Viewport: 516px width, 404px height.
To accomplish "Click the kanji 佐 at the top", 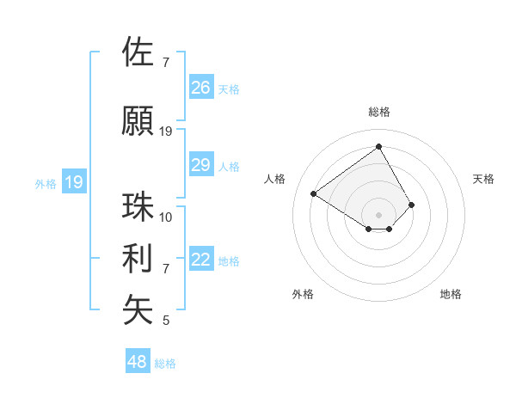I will tap(138, 52).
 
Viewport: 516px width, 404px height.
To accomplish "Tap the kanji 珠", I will tap(138, 206).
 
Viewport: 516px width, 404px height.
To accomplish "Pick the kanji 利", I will tap(138, 258).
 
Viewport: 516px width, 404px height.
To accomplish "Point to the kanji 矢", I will tap(138, 309).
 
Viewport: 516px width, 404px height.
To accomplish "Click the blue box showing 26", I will tap(200, 87).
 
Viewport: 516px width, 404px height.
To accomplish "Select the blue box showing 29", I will tap(200, 165).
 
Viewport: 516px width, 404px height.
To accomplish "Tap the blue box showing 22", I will tap(200, 260).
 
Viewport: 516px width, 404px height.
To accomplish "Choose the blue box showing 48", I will tap(138, 361).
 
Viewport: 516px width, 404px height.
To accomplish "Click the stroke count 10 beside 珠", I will tap(166, 217).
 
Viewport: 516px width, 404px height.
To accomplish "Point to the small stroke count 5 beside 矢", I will tap(166, 321).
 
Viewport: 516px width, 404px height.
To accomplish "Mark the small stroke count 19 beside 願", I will tap(166, 132).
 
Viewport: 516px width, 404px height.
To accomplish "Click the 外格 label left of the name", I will tap(46, 183).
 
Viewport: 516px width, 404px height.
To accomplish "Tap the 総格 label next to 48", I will tap(165, 364).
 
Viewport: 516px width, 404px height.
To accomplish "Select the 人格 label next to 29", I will tap(228, 167).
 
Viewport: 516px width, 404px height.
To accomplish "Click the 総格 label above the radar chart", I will tap(378, 112).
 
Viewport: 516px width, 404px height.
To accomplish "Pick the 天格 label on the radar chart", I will tap(483, 179).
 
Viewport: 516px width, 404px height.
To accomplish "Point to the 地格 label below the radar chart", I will tap(451, 294).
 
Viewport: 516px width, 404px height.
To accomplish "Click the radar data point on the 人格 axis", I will tap(314, 193).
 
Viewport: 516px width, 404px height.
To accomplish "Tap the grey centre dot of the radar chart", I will tap(378, 213).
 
